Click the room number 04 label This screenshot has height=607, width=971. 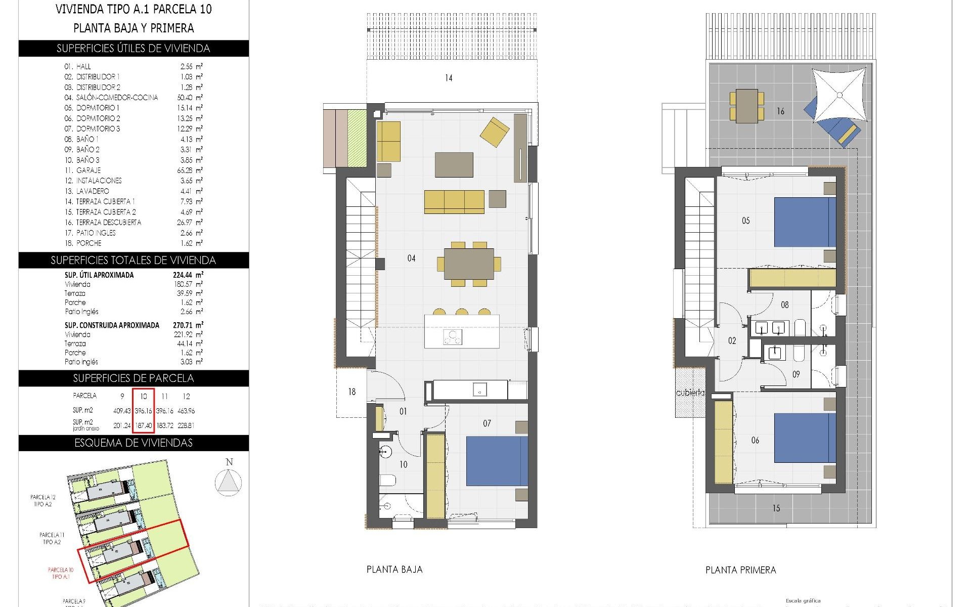[x=411, y=258]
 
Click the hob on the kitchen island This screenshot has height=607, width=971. [x=453, y=337]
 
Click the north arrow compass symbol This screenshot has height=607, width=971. [x=229, y=482]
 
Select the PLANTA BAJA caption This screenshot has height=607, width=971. [x=394, y=570]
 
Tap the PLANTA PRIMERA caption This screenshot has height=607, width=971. [x=740, y=570]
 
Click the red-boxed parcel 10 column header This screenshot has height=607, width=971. [x=143, y=397]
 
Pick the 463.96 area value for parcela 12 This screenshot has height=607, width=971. [x=186, y=411]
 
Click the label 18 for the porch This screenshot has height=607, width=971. [x=351, y=392]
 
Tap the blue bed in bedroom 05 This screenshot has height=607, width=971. [x=804, y=222]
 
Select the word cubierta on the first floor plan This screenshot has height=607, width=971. [x=690, y=393]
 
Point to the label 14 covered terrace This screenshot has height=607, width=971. [x=449, y=78]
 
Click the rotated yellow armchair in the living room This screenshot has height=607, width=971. [x=495, y=132]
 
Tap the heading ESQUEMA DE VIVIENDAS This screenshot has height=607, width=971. [x=134, y=443]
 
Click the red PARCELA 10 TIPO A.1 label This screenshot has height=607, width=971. [x=61, y=573]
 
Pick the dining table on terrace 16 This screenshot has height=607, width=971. [x=746, y=106]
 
